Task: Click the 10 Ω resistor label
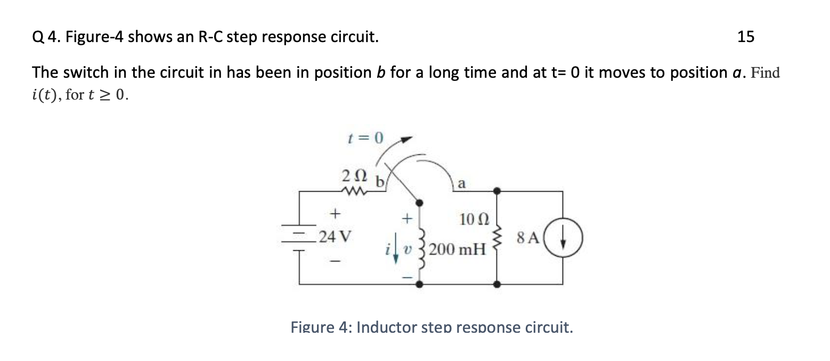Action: point(471,219)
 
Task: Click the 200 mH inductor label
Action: point(458,249)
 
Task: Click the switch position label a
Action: point(461,184)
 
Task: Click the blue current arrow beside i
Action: point(395,250)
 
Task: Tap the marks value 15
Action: point(746,37)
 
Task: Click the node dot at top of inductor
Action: point(420,202)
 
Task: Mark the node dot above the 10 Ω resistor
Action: point(497,191)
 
